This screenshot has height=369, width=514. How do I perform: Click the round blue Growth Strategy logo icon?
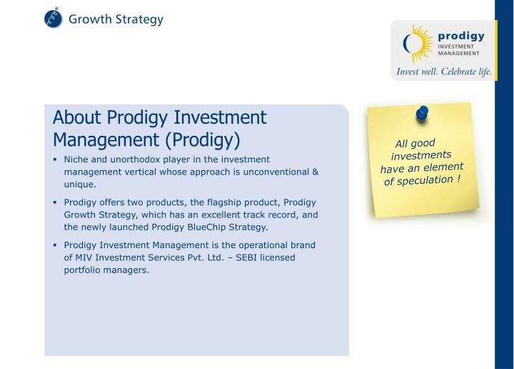(x=54, y=19)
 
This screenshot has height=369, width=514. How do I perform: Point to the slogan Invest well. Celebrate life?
(x=443, y=72)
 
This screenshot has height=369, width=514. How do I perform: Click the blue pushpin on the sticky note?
(x=422, y=113)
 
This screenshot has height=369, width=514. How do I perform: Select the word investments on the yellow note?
(x=421, y=155)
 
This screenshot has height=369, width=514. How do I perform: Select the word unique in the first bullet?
(x=79, y=184)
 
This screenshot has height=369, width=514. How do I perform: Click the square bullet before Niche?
(x=55, y=159)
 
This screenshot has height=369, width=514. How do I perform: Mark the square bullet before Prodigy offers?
(x=55, y=202)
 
